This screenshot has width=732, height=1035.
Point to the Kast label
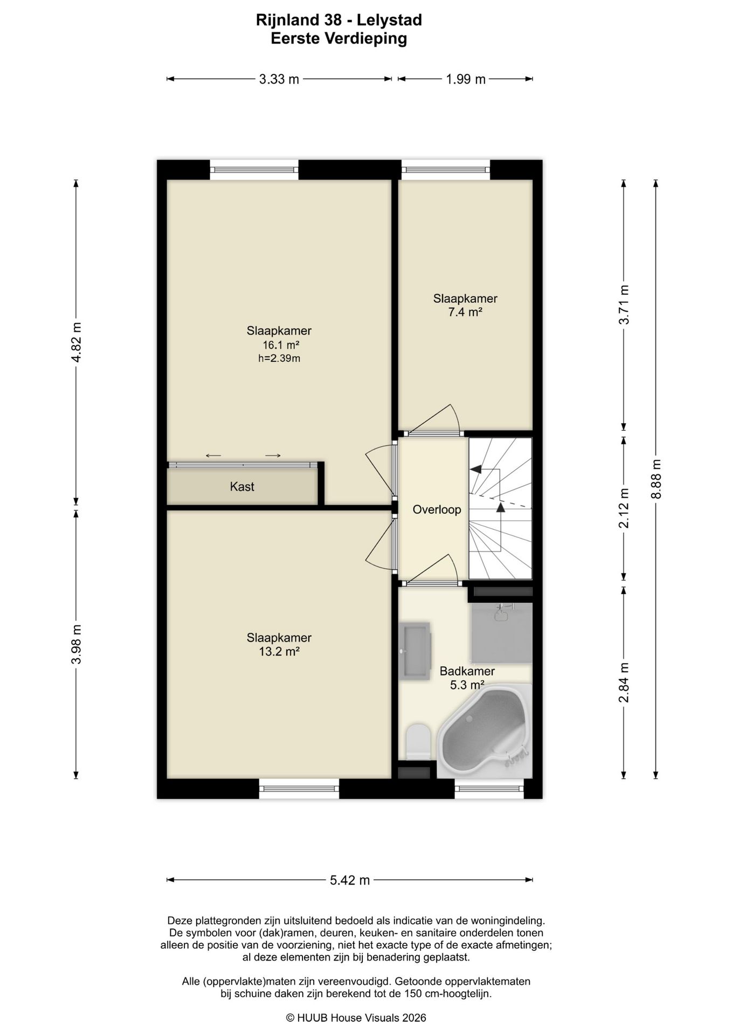242,487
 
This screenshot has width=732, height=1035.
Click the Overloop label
437,509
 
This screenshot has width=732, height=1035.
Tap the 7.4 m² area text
465,312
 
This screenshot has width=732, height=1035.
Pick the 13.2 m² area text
279,651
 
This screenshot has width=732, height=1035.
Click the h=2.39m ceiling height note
279,358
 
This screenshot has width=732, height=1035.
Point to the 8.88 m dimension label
655,479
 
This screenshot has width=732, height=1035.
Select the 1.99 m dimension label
466,79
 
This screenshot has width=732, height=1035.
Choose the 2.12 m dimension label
624,508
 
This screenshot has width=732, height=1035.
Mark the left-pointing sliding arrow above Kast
213,456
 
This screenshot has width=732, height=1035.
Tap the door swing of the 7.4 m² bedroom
436,419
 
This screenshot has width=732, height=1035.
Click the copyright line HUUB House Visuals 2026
356,1018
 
